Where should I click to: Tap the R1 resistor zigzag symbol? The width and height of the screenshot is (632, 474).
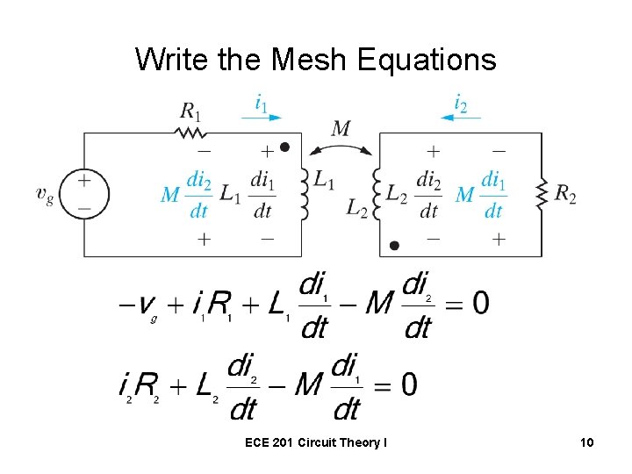[x=190, y=133]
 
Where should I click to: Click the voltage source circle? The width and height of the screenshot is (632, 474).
[x=84, y=193]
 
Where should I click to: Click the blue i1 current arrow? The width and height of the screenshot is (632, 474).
[x=262, y=116]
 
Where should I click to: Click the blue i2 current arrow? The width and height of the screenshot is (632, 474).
[x=457, y=116]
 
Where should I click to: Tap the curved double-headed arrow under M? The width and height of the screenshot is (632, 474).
[x=341, y=150]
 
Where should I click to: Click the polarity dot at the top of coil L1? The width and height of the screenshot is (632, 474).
[x=284, y=147]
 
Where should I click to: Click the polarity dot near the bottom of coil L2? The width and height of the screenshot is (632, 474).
[x=395, y=246]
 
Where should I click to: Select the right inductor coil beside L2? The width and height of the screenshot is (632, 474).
[x=377, y=193]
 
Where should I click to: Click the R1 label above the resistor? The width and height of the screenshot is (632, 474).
[x=190, y=111]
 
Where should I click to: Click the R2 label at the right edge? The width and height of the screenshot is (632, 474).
[x=566, y=194]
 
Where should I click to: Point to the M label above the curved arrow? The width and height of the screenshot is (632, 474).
[x=341, y=129]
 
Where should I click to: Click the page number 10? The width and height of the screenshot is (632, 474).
[x=586, y=443]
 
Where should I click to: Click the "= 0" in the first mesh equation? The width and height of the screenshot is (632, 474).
[x=469, y=304]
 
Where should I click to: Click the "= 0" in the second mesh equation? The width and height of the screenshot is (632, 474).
[x=396, y=384]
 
